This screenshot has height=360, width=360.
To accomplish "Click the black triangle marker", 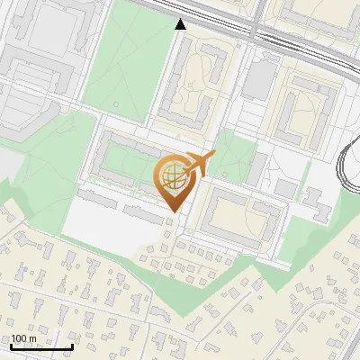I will click(x=181, y=24).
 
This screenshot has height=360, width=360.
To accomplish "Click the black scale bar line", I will click(x=41, y=347).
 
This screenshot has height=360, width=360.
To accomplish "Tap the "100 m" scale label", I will click(x=25, y=338).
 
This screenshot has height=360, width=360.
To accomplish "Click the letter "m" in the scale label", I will click(x=35, y=338).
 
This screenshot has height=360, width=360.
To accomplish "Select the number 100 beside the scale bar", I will click(x=20, y=338).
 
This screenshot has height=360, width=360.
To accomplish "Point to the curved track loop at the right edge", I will click(x=349, y=166).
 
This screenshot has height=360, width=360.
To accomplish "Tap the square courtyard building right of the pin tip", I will click(x=238, y=215).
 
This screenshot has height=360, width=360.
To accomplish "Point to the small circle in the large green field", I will click(x=116, y=103).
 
